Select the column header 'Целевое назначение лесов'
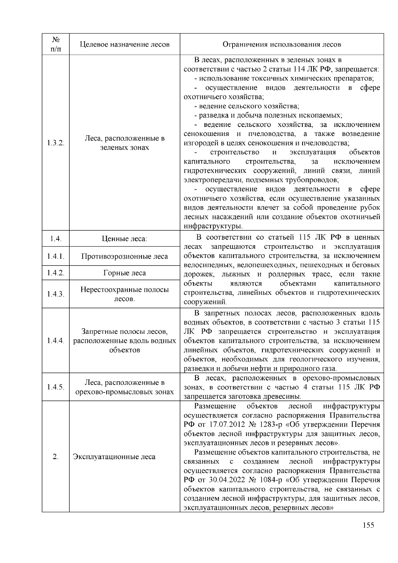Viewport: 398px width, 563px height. pyautogui.click(x=125, y=44)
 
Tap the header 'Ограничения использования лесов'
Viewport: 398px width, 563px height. pyautogui.click(x=282, y=44)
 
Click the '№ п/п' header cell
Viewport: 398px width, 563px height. pyautogui.click(x=56, y=44)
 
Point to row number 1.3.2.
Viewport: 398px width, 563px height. pyautogui.click(x=56, y=143)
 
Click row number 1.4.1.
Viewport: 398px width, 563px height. pyautogui.click(x=56, y=256)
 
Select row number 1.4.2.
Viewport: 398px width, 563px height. pyautogui.click(x=56, y=273)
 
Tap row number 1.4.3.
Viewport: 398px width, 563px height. pyautogui.click(x=56, y=294)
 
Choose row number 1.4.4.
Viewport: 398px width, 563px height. pyautogui.click(x=56, y=341)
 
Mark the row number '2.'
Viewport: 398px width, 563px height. pyautogui.click(x=56, y=457)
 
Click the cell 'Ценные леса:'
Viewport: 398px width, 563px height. pyautogui.click(x=125, y=239)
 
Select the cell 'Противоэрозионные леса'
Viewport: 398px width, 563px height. pyautogui.click(x=125, y=256)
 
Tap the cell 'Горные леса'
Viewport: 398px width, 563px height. pyautogui.click(x=125, y=273)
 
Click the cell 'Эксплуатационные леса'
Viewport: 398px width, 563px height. pyautogui.click(x=114, y=457)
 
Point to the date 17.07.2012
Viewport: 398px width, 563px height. pyautogui.click(x=225, y=425)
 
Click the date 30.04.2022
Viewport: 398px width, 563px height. pyautogui.click(x=225, y=480)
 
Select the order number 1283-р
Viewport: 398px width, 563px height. pyautogui.click(x=271, y=425)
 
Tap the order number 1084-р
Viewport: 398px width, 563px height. pyautogui.click(x=271, y=480)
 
